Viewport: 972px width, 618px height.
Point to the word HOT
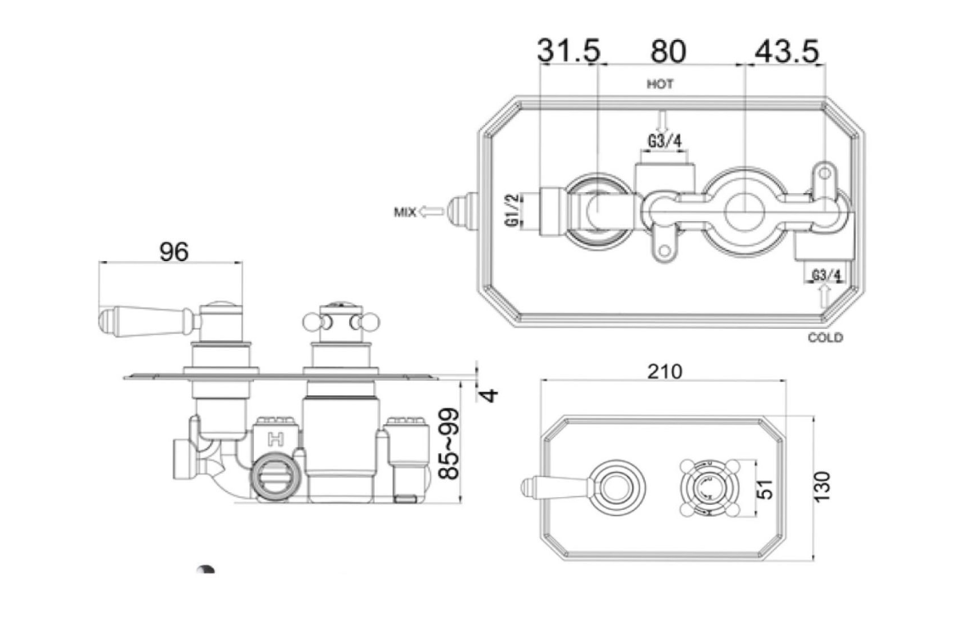coord(660,84)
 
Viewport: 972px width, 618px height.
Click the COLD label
coord(825,337)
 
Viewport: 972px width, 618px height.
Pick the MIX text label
coord(404,212)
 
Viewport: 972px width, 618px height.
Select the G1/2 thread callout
coord(513,210)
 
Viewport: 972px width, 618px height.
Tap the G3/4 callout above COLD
coord(826,275)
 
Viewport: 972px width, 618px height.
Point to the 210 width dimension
coord(665,371)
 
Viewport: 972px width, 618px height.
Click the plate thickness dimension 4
coord(490,394)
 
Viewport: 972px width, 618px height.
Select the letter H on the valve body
coord(274,439)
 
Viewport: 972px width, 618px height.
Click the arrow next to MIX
coord(432,211)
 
